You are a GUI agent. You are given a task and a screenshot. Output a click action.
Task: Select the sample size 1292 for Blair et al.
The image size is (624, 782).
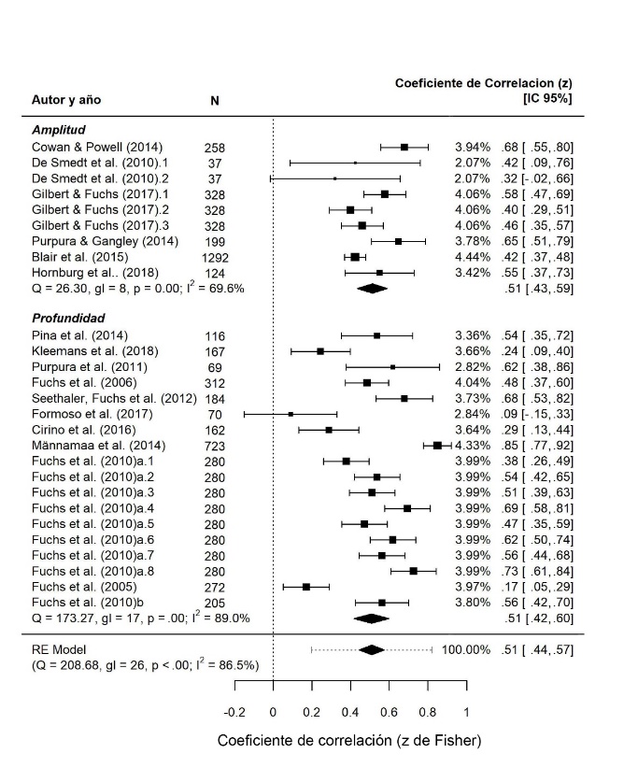[x=220, y=257]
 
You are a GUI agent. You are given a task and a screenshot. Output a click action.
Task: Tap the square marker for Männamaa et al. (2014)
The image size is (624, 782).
[x=437, y=446]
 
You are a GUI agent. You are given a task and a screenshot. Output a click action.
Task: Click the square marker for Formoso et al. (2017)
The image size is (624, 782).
[x=291, y=413]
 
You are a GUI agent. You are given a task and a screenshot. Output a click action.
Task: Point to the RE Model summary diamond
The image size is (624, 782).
[x=372, y=649]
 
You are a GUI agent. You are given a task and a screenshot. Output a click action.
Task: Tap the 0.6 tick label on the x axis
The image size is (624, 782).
[x=389, y=712]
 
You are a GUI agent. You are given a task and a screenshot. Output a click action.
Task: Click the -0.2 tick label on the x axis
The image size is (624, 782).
[x=234, y=712]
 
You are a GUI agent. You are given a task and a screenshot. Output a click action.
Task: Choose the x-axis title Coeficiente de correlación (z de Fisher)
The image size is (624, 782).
[x=349, y=741]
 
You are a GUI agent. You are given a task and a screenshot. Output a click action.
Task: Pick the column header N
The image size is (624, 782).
[x=214, y=100]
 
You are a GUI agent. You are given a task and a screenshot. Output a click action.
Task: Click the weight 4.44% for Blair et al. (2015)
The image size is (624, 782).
[x=473, y=257]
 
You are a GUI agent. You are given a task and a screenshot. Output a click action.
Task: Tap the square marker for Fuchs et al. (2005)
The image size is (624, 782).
[x=306, y=587]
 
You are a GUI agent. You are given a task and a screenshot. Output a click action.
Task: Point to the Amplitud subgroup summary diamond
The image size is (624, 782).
[x=372, y=289]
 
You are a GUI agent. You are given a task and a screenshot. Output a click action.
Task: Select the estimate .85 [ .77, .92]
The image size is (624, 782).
[x=535, y=446]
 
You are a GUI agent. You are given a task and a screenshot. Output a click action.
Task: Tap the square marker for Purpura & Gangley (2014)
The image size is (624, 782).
[x=399, y=241]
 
